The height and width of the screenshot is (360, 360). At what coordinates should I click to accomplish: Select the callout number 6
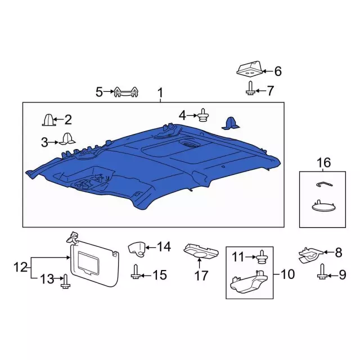pyautogui.click(x=277, y=71)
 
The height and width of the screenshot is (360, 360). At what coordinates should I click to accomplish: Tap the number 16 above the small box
pyautogui.click(x=323, y=163)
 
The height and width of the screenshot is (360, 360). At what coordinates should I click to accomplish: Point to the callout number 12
pyautogui.click(x=20, y=267)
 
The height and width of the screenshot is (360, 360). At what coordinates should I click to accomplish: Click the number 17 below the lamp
pyautogui.click(x=201, y=276)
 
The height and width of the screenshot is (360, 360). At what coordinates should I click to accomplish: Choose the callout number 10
pyautogui.click(x=287, y=274)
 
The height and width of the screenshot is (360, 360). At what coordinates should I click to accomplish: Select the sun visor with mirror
pyautogui.click(x=94, y=262)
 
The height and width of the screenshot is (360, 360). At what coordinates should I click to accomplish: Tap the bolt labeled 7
pyautogui.click(x=249, y=88)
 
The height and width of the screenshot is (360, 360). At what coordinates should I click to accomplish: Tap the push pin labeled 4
pyautogui.click(x=201, y=116)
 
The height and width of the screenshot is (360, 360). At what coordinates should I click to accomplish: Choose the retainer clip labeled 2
pyautogui.click(x=48, y=120)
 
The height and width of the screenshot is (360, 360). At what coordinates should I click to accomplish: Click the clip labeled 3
pyautogui.click(x=68, y=139)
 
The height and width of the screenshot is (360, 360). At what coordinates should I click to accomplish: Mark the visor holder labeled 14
pyautogui.click(x=137, y=247)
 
